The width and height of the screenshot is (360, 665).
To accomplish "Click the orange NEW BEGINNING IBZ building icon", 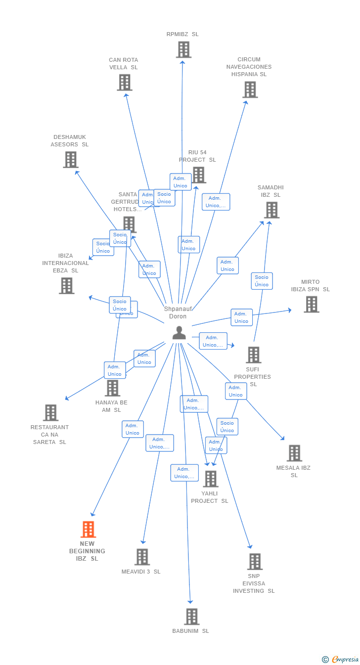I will pos(88,530).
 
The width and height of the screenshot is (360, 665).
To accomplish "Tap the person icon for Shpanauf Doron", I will pos(179,333).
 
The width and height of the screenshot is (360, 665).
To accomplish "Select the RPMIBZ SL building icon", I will pos(183,50).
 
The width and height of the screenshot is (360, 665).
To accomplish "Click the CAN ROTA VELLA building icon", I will pos(125,83).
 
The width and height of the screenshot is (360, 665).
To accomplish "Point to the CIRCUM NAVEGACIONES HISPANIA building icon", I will pos(250,90).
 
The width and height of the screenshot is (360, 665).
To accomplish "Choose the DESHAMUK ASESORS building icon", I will pos(71,160).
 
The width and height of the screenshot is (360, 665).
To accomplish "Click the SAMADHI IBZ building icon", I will pos(271,210).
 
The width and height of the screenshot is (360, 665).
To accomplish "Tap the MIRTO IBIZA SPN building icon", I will pos(311,305).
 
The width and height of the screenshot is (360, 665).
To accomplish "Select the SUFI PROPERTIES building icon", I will pos(254,355).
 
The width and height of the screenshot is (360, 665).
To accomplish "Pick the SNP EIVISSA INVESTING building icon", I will pos(255,562).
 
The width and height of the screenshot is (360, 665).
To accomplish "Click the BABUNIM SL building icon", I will pos(192,617).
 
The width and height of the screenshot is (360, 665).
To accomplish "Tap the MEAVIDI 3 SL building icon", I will pos(142,557).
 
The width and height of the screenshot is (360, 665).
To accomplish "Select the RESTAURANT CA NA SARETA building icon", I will pos(50,413).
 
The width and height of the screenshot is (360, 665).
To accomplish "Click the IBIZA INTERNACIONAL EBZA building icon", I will pos(67,286).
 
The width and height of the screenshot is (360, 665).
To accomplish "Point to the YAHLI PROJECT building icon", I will pos(211,479).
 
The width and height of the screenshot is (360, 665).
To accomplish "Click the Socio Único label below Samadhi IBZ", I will pos(262,281).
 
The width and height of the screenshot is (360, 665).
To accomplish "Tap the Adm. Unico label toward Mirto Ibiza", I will pos(241,317).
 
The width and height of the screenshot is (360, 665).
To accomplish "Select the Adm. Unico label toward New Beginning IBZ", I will pos(133,429).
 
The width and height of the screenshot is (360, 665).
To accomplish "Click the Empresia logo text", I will pos(345,659).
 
